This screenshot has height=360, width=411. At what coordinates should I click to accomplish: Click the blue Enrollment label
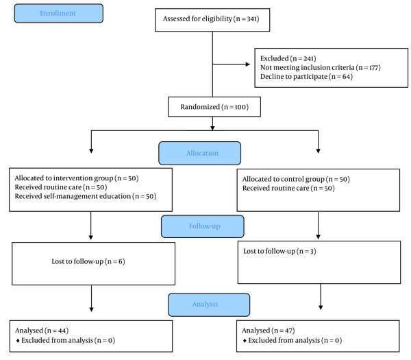[59, 14]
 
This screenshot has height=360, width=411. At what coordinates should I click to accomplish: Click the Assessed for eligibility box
[212, 20]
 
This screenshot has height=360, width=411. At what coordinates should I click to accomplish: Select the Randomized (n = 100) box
[214, 107]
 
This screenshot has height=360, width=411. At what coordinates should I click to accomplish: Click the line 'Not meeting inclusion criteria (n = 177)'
[321, 68]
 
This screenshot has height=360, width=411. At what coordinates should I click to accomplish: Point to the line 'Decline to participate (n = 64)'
[306, 77]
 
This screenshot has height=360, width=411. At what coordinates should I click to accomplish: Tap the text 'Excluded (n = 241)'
[288, 58]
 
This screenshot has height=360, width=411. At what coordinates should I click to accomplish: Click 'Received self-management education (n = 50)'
[86, 196]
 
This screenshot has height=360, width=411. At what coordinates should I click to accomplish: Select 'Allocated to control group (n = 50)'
[296, 179]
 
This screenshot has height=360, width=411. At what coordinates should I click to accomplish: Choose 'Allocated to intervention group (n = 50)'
[77, 178]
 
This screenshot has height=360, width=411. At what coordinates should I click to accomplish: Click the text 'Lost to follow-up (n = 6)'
[88, 261]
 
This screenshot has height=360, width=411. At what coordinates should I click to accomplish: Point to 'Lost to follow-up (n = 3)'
[279, 251]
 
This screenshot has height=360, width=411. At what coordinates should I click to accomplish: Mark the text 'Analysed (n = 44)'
[42, 331]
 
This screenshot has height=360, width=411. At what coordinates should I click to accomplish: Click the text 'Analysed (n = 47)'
[269, 331]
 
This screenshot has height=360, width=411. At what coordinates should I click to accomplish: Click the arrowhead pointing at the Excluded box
[248, 64]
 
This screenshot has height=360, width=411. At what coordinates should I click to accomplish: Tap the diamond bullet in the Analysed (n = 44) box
[18, 341]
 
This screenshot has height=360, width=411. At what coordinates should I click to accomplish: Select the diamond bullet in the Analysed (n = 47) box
[245, 341]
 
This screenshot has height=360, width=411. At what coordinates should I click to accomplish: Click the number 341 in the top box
[252, 19]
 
